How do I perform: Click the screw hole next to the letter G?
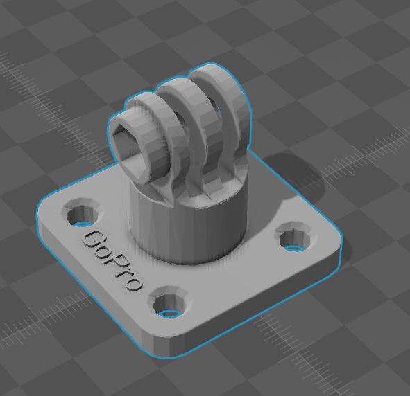83,213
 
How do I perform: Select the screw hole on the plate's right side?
296,237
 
